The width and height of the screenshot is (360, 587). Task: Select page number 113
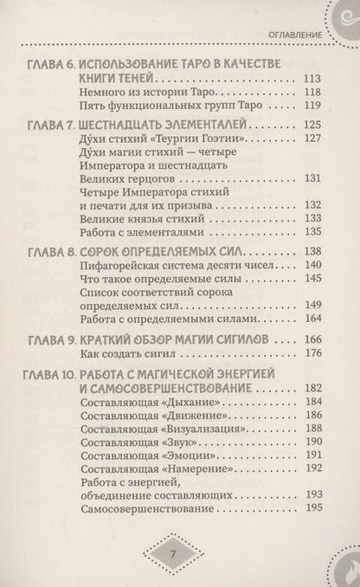click(312, 80)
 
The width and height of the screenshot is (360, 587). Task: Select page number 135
click(312, 235)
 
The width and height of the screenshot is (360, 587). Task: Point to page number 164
click(312, 319)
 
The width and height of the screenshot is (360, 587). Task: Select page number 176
click(312, 354)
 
